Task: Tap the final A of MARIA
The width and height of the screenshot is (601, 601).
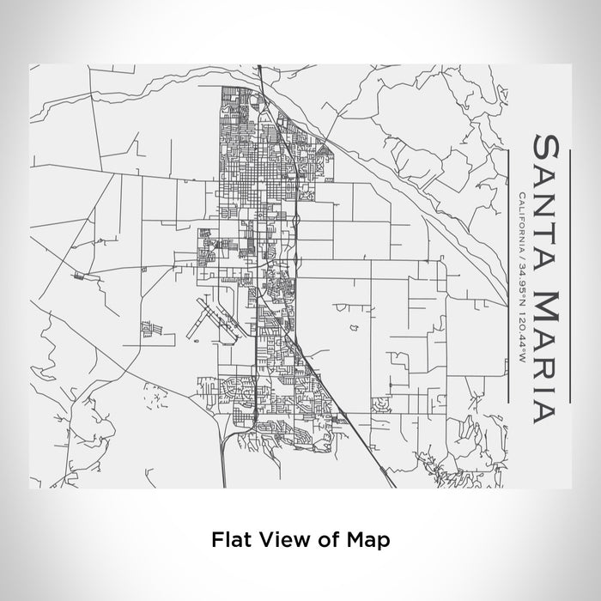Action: (549, 412)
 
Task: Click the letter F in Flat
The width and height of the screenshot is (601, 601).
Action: (216, 540)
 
